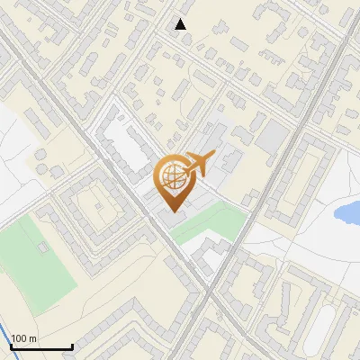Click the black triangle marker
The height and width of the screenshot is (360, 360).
tap(181, 24)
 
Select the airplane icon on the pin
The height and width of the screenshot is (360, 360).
tap(198, 163)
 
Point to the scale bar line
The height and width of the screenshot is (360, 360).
tap(40, 346)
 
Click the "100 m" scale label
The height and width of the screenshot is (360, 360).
tap(24, 338)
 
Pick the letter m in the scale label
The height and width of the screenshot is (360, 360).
tap(33, 338)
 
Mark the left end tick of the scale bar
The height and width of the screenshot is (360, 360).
tap(10, 346)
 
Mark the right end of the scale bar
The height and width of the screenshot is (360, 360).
tap(72, 346)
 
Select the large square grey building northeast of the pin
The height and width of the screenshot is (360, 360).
tap(273, 137)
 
